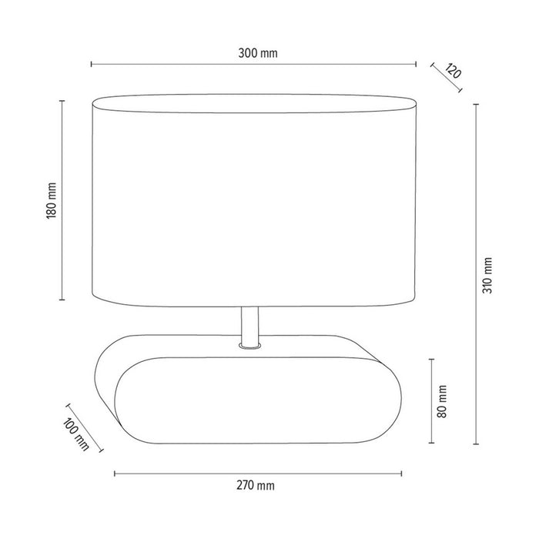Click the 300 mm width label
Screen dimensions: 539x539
[258, 53]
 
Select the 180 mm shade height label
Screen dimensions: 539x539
[51, 200]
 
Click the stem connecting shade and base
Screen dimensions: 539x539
[248, 325]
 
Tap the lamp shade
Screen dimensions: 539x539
[254, 200]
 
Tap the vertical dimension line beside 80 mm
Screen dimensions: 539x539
[431, 400]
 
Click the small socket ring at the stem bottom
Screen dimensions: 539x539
[248, 348]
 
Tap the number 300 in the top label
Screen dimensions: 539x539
[247, 53]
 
